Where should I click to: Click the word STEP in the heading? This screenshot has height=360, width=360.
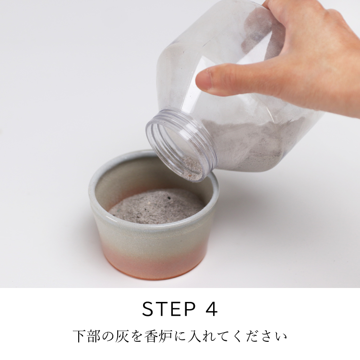click(169, 309)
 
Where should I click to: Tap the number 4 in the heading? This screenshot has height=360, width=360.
click(211, 309)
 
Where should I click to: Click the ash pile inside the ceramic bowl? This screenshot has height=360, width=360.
click(156, 206)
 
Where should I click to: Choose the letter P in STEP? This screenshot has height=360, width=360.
click(190, 309)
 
